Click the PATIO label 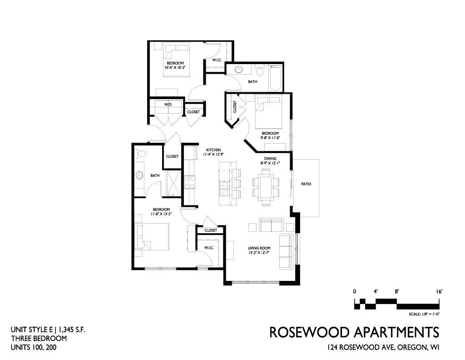pos(306,184)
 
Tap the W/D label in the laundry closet pos(168,105)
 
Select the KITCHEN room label pos(213,150)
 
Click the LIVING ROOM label pos(259,248)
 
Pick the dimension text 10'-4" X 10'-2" pos(175,68)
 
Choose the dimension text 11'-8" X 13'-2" pos(161,214)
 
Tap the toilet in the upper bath pos(259,71)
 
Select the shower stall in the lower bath pos(173,183)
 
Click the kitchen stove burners pos(189,182)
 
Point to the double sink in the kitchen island pos(223,189)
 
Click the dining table pos(266,187)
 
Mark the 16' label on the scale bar pos(439,292)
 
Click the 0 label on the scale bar pos(355,292)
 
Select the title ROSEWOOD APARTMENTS pos(354,332)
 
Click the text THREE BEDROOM pos(39,338)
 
